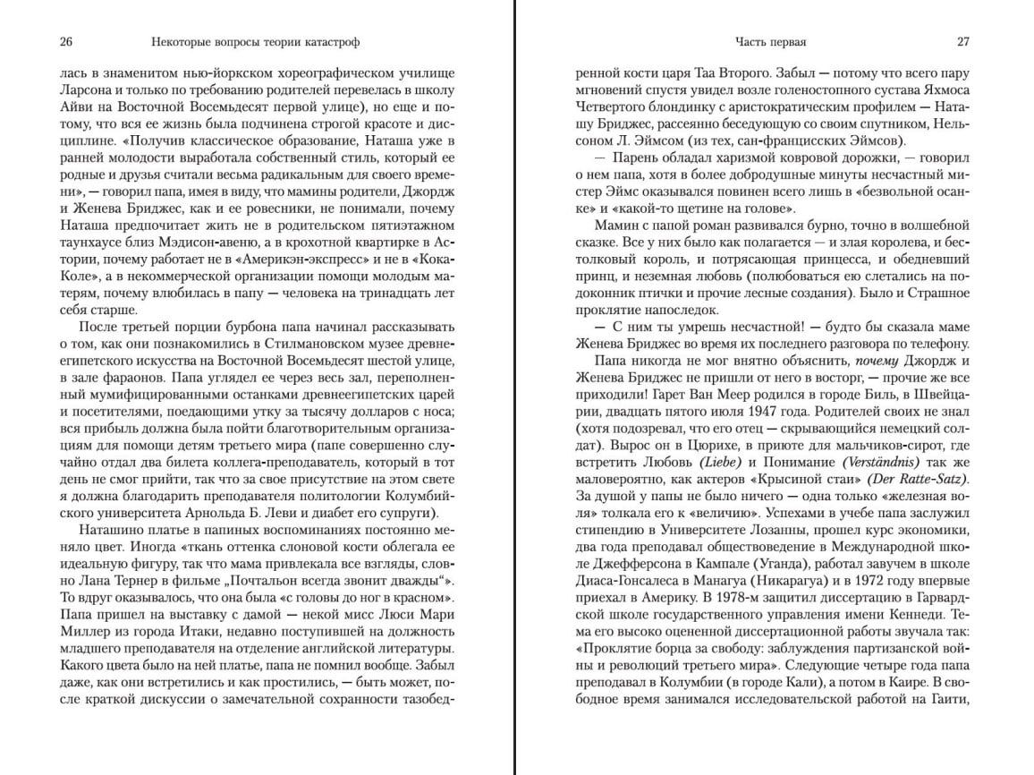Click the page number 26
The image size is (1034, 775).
(66, 42)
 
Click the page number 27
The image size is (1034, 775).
(963, 42)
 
